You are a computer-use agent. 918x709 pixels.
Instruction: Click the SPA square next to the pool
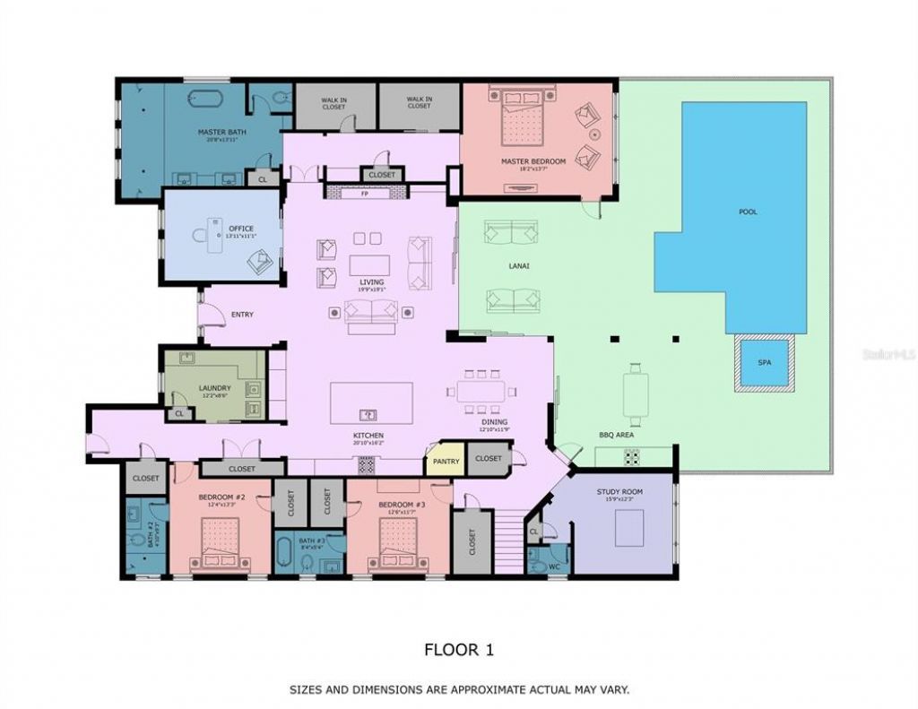coord(764,363)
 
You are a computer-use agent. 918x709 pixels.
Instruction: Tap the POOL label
coord(747,212)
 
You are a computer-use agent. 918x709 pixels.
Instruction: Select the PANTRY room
coord(445,461)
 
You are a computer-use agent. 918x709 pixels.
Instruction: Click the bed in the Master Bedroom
coord(523,120)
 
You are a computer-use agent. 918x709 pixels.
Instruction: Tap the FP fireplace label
coord(365,193)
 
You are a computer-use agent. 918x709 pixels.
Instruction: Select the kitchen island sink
coord(368,414)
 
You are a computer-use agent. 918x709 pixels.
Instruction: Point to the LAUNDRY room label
coord(214,388)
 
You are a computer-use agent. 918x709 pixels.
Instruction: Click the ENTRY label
coord(242,315)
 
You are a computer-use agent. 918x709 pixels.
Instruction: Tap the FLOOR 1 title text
coord(458,649)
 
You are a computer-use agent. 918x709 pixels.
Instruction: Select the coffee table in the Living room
coord(370,265)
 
